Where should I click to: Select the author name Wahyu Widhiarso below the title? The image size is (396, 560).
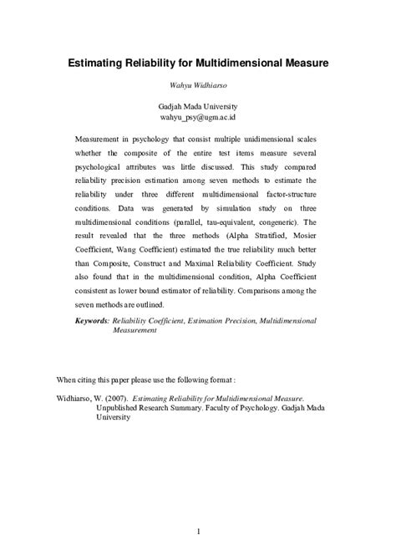[198, 84]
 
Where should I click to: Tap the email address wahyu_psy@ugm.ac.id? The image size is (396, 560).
[198, 118]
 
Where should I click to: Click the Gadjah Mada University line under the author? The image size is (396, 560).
[198, 107]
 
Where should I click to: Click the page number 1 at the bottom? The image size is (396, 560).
[198, 507]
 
